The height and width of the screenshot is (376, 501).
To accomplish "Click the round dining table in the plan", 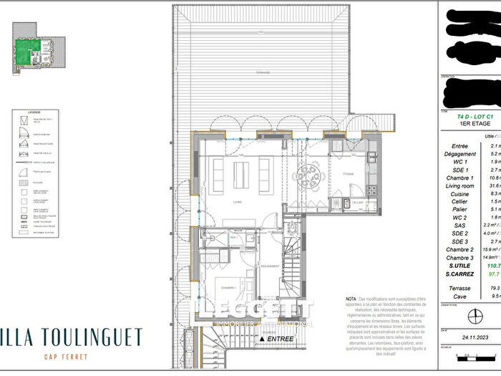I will (308, 174).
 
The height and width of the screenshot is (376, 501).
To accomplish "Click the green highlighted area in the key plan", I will (29, 49).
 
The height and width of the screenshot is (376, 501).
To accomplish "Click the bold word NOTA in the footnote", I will (351, 298).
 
